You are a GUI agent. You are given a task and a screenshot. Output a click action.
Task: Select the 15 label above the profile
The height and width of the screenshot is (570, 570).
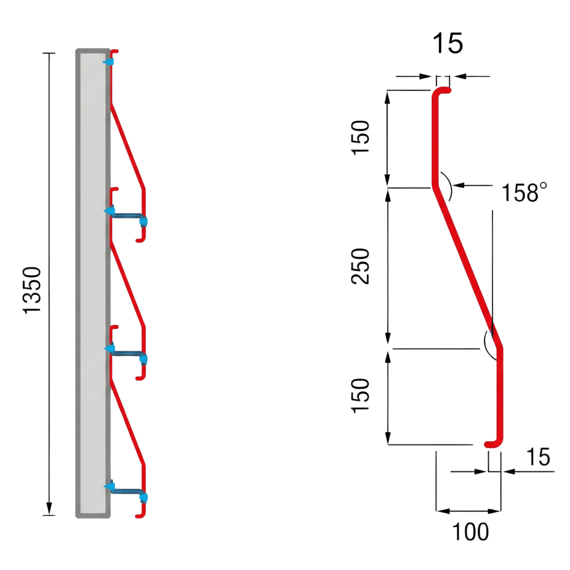point(448,44)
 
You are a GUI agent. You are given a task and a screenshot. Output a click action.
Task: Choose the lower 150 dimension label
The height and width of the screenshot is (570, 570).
point(362,396)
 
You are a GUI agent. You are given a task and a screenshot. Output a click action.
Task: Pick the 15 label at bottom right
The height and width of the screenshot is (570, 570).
point(537,457)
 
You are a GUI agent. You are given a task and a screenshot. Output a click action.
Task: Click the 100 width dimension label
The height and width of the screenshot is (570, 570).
point(470,532)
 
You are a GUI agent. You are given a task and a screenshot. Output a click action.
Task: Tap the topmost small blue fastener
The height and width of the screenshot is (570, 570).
point(108,62)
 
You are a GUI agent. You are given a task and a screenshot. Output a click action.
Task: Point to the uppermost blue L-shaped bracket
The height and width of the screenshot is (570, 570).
point(129,216)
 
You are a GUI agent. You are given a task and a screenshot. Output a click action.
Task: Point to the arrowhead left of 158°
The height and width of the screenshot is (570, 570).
point(457,185)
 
